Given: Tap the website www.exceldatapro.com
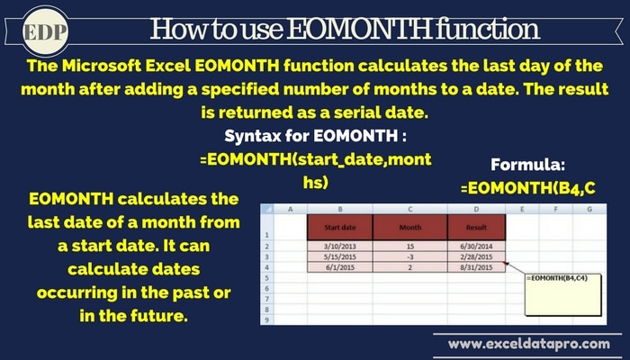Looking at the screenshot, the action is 529,344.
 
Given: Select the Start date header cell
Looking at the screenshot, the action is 340,228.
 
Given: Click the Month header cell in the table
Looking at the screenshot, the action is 409,228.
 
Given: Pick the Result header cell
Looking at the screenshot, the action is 476,228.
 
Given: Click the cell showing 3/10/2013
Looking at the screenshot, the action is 340,247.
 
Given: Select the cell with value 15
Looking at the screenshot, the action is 409,247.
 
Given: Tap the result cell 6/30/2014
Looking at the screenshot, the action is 476,247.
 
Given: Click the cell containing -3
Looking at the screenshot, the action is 409,256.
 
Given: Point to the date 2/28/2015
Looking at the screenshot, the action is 476,256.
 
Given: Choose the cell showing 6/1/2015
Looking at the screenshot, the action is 340,267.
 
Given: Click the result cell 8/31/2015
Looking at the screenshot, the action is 476,267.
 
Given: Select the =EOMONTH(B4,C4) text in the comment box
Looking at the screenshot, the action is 557,278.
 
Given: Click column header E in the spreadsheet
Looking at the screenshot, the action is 522,209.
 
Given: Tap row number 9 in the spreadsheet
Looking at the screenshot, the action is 266,319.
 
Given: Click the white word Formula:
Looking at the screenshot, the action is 528,165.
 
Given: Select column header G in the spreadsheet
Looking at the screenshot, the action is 589,209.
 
